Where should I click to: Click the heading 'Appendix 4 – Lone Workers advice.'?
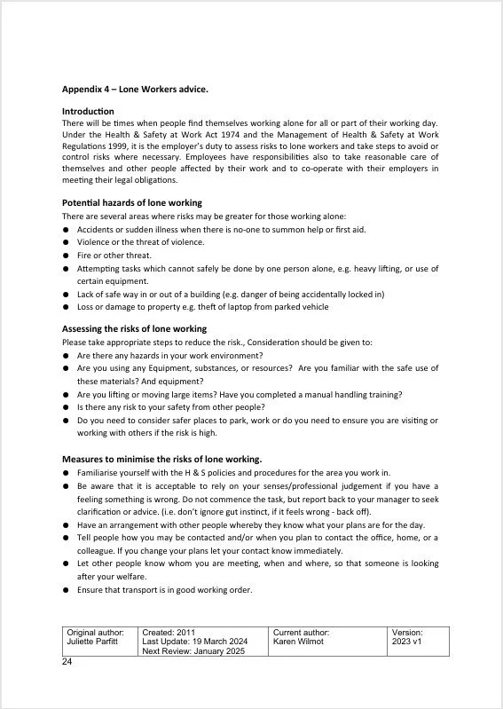(134, 89)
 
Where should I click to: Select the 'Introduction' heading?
(89, 111)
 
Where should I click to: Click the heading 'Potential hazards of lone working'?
(132, 203)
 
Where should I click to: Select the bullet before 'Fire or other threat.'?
(67, 256)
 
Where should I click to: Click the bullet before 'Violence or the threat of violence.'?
(67, 242)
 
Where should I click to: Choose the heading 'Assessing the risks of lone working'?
(134, 329)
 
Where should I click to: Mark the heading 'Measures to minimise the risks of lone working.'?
(161, 460)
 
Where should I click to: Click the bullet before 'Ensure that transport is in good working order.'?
(67, 591)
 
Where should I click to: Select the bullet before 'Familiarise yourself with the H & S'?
(67, 474)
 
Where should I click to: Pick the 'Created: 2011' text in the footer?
(167, 633)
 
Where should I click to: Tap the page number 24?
(67, 662)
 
